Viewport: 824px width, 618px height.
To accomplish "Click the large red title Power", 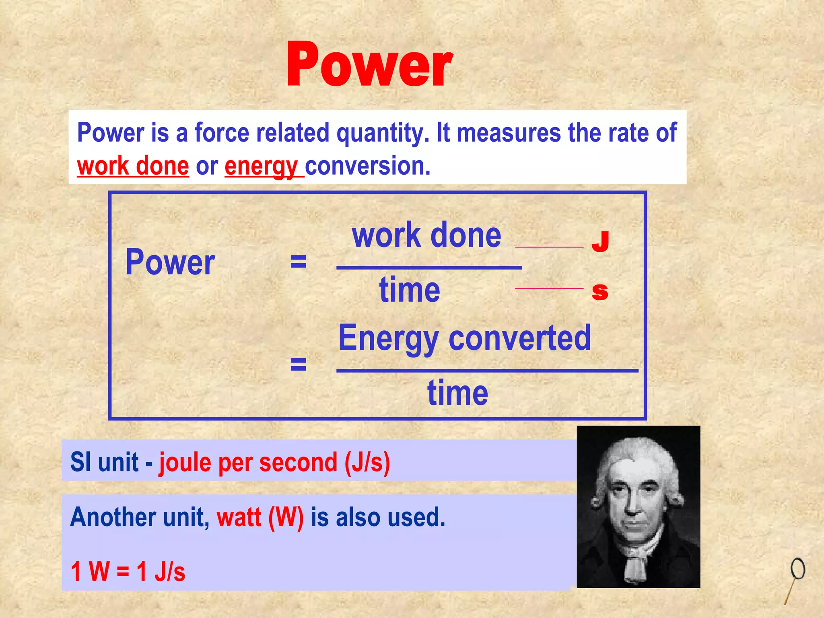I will click(369, 64).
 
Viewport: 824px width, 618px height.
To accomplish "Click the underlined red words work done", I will click(133, 166).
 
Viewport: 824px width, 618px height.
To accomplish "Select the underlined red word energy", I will click(261, 166).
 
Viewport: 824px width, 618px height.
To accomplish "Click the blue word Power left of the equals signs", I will click(170, 262).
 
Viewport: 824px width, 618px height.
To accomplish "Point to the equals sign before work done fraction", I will click(298, 262).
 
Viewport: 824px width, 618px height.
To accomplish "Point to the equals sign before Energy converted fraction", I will click(298, 364).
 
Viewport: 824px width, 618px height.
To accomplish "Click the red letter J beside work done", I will click(600, 241).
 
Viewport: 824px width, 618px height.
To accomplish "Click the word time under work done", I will click(410, 290).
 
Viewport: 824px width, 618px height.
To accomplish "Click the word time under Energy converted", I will click(457, 393).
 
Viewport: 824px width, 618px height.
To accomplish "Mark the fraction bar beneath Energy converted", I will click(487, 370).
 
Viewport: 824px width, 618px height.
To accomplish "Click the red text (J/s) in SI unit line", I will click(367, 462).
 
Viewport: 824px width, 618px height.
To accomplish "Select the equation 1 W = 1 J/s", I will click(128, 571).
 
